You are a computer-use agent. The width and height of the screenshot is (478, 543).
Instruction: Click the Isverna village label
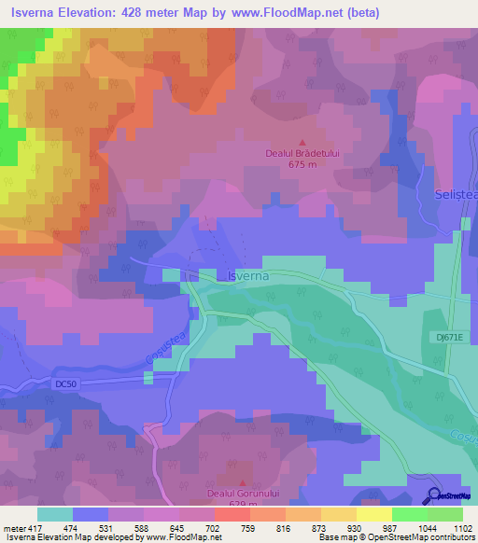pyautogui.click(x=247, y=277)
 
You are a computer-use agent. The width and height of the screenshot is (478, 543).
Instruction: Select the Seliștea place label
pyautogui.click(x=456, y=194)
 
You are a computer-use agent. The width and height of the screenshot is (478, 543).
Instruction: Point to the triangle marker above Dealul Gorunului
pyautogui.click(x=242, y=482)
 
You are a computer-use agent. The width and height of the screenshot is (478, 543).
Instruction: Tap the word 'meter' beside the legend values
pyautogui.click(x=13, y=528)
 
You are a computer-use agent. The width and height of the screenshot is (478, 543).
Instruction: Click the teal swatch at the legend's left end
pyautogui.click(x=54, y=514)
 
